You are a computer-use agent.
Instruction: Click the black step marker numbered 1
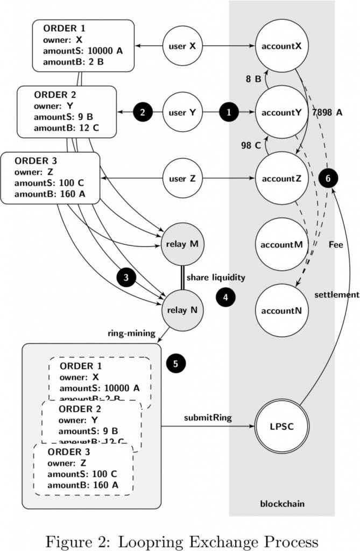[229, 112]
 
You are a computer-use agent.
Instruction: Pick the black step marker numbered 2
[143, 112]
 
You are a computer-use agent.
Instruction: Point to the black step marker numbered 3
[126, 278]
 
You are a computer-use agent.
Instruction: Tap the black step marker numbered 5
[175, 363]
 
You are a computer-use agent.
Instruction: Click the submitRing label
[208, 418]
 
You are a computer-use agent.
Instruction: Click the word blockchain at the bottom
[282, 504]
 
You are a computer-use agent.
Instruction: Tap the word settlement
[337, 294]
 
